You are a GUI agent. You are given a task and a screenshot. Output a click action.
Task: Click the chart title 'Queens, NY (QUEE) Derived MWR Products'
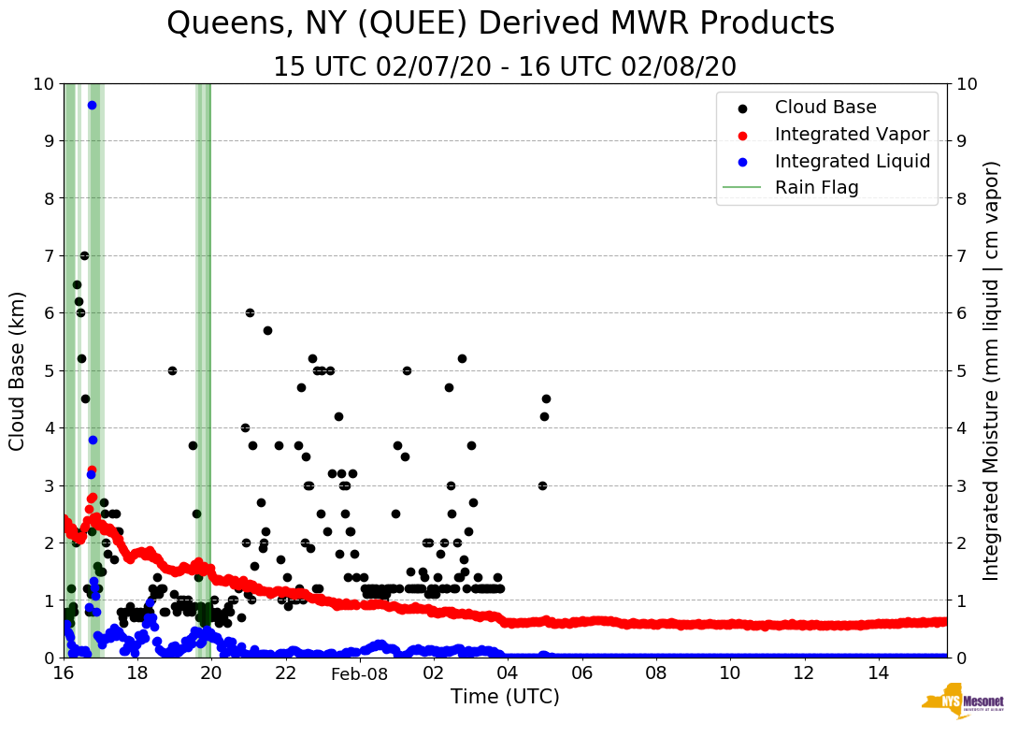tap(500, 23)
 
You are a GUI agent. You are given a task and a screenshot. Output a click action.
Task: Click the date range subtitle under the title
tap(505, 67)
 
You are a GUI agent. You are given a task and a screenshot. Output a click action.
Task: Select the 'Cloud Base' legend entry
tap(825, 108)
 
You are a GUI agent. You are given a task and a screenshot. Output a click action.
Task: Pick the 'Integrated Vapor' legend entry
tap(852, 135)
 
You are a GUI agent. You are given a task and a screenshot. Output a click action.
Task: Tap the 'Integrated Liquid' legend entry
tap(852, 161)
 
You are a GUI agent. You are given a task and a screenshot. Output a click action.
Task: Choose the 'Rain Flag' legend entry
tap(816, 187)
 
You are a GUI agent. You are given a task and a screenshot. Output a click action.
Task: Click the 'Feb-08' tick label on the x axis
tap(360, 673)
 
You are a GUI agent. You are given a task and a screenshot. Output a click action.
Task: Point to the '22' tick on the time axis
tap(286, 673)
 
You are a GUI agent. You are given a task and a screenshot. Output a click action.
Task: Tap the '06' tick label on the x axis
tap(581, 673)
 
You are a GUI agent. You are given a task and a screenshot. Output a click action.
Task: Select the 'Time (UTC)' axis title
tap(505, 697)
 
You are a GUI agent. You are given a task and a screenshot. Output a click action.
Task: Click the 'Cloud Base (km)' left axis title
tap(18, 370)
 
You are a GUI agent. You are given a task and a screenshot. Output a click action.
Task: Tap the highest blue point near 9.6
tap(92, 105)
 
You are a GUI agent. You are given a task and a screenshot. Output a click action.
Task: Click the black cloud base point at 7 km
tap(84, 255)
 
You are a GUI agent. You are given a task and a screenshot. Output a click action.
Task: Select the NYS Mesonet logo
tap(962, 701)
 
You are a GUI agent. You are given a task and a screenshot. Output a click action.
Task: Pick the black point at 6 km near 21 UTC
tap(250, 312)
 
